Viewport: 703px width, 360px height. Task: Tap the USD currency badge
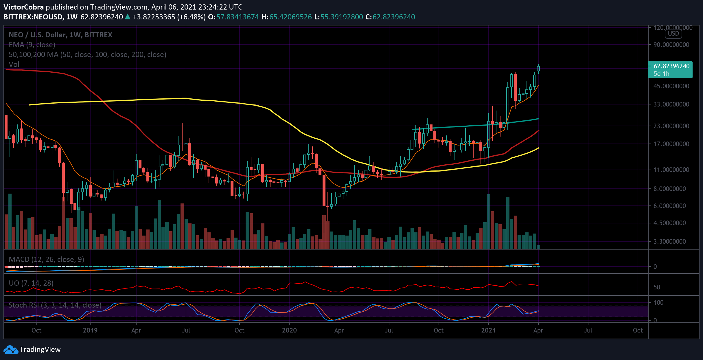(x=673, y=34)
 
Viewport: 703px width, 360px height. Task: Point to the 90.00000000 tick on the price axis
(x=671, y=45)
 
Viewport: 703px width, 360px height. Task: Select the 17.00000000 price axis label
(x=671, y=144)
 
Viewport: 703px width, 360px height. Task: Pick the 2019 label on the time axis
(x=90, y=330)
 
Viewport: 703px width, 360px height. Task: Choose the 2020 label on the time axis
(x=289, y=330)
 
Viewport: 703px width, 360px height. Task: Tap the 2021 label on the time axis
(x=488, y=330)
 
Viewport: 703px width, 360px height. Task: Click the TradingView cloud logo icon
(x=11, y=350)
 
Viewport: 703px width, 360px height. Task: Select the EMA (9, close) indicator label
(x=32, y=45)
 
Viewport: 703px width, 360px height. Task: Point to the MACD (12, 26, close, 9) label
(x=46, y=259)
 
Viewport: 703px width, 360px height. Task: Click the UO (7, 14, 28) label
(x=31, y=283)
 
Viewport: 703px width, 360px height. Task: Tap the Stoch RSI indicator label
(x=55, y=305)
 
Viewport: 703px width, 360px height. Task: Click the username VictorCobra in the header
(x=24, y=7)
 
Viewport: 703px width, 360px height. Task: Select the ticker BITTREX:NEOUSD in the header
(x=33, y=17)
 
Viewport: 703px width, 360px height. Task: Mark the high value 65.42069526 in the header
(x=290, y=17)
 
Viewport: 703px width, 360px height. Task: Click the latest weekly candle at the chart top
(x=538, y=69)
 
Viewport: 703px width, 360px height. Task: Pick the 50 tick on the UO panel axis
(x=657, y=287)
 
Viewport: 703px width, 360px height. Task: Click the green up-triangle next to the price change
(x=128, y=17)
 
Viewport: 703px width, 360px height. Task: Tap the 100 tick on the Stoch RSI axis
(x=658, y=302)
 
